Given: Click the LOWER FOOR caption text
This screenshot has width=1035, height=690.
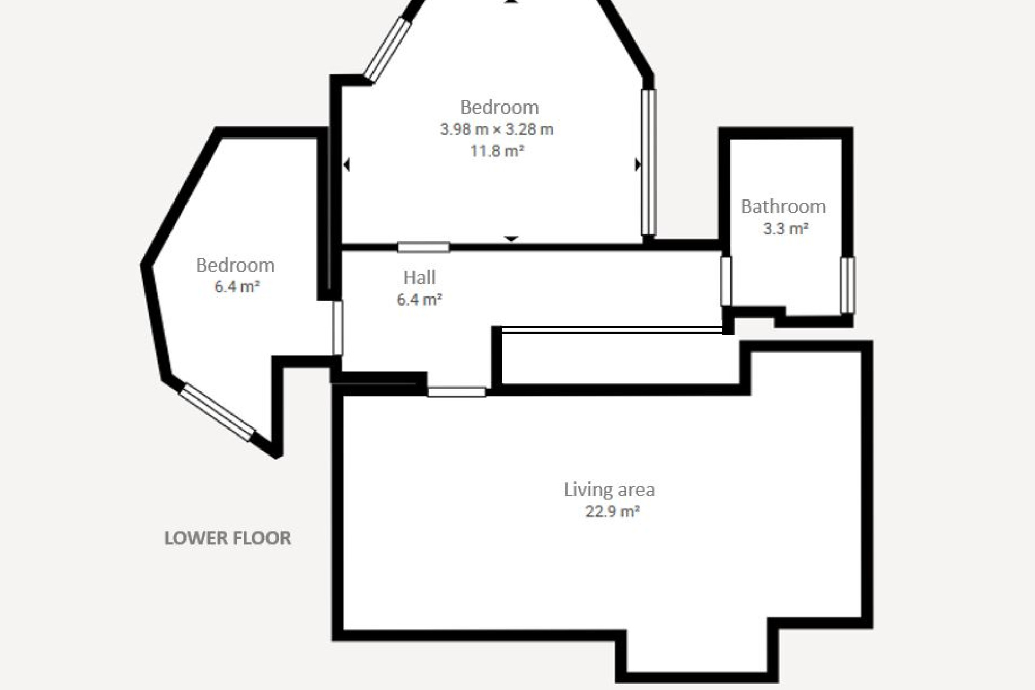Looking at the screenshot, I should click(x=227, y=538).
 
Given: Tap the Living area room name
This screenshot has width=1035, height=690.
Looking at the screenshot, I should click(x=609, y=489).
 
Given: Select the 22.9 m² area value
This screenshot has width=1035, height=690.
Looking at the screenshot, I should click(x=612, y=511).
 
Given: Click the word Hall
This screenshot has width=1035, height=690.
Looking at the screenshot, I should click(x=419, y=278).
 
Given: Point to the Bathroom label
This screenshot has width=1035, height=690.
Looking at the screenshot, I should click(x=783, y=206).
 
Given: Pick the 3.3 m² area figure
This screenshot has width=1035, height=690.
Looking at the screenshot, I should click(x=785, y=229).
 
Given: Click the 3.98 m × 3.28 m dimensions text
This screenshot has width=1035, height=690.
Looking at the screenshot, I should click(x=496, y=129).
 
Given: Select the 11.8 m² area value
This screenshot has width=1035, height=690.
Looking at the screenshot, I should click(x=496, y=150).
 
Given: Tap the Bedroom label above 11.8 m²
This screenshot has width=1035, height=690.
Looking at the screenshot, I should click(x=499, y=107).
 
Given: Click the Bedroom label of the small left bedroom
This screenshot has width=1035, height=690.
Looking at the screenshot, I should click(x=235, y=265).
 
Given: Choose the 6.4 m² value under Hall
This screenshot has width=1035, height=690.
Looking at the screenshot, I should click(x=419, y=299).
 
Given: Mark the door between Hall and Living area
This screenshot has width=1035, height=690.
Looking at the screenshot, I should click(x=457, y=392).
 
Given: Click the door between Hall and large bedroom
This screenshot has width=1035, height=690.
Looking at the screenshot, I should click(x=424, y=247).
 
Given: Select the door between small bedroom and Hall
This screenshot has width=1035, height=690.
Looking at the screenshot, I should click(x=337, y=328).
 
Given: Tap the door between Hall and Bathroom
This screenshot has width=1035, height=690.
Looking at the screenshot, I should click(x=726, y=281).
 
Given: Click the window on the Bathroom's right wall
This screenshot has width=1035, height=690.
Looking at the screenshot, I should click(x=847, y=285).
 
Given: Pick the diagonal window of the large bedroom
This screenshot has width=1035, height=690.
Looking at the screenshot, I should click(x=387, y=50).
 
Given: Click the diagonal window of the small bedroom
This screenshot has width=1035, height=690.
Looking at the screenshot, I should click(x=217, y=412).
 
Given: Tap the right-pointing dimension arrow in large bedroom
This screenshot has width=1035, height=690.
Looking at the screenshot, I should click(x=638, y=164).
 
